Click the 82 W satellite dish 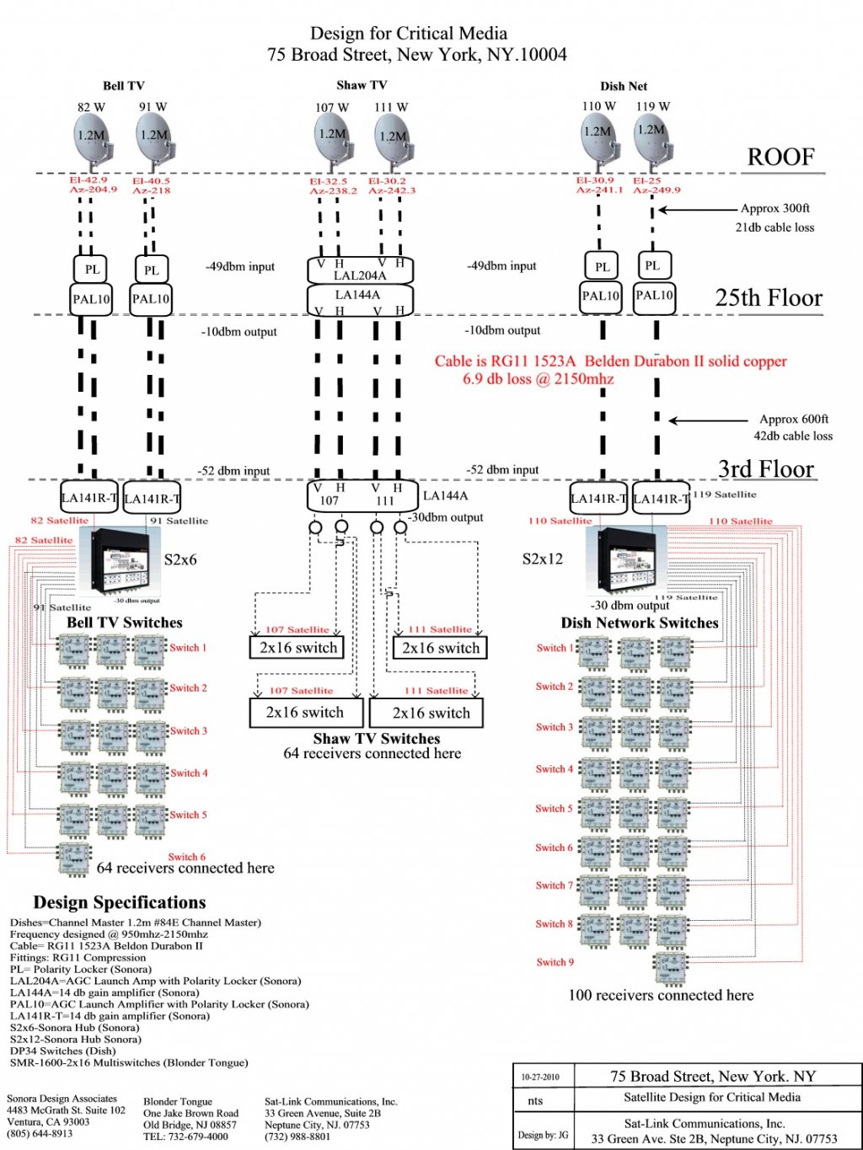tap(91, 139)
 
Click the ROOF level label tap(780, 158)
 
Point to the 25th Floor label tap(769, 298)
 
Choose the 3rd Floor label tap(766, 469)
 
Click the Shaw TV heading tap(362, 85)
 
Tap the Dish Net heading tap(624, 86)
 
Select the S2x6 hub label tap(180, 559)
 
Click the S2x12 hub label tap(543, 559)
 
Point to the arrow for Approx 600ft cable tap(709, 420)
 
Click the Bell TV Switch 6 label tap(186, 857)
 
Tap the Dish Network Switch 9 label tap(555, 962)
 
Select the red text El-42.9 tap(88, 180)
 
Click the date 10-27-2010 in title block tap(539, 1077)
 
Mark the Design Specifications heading tap(120, 902)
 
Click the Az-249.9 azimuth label tap(657, 190)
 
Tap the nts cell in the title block tap(535, 1101)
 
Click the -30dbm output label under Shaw tap(446, 517)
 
